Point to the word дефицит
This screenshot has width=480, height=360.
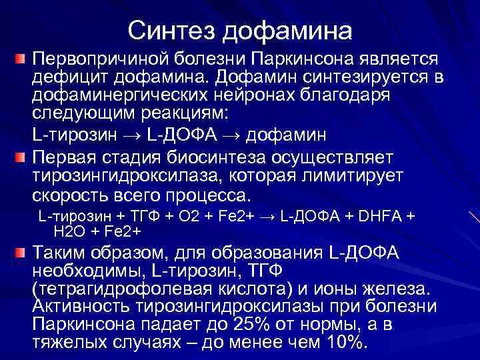(x=62, y=77)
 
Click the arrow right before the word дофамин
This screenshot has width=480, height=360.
(x=233, y=135)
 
